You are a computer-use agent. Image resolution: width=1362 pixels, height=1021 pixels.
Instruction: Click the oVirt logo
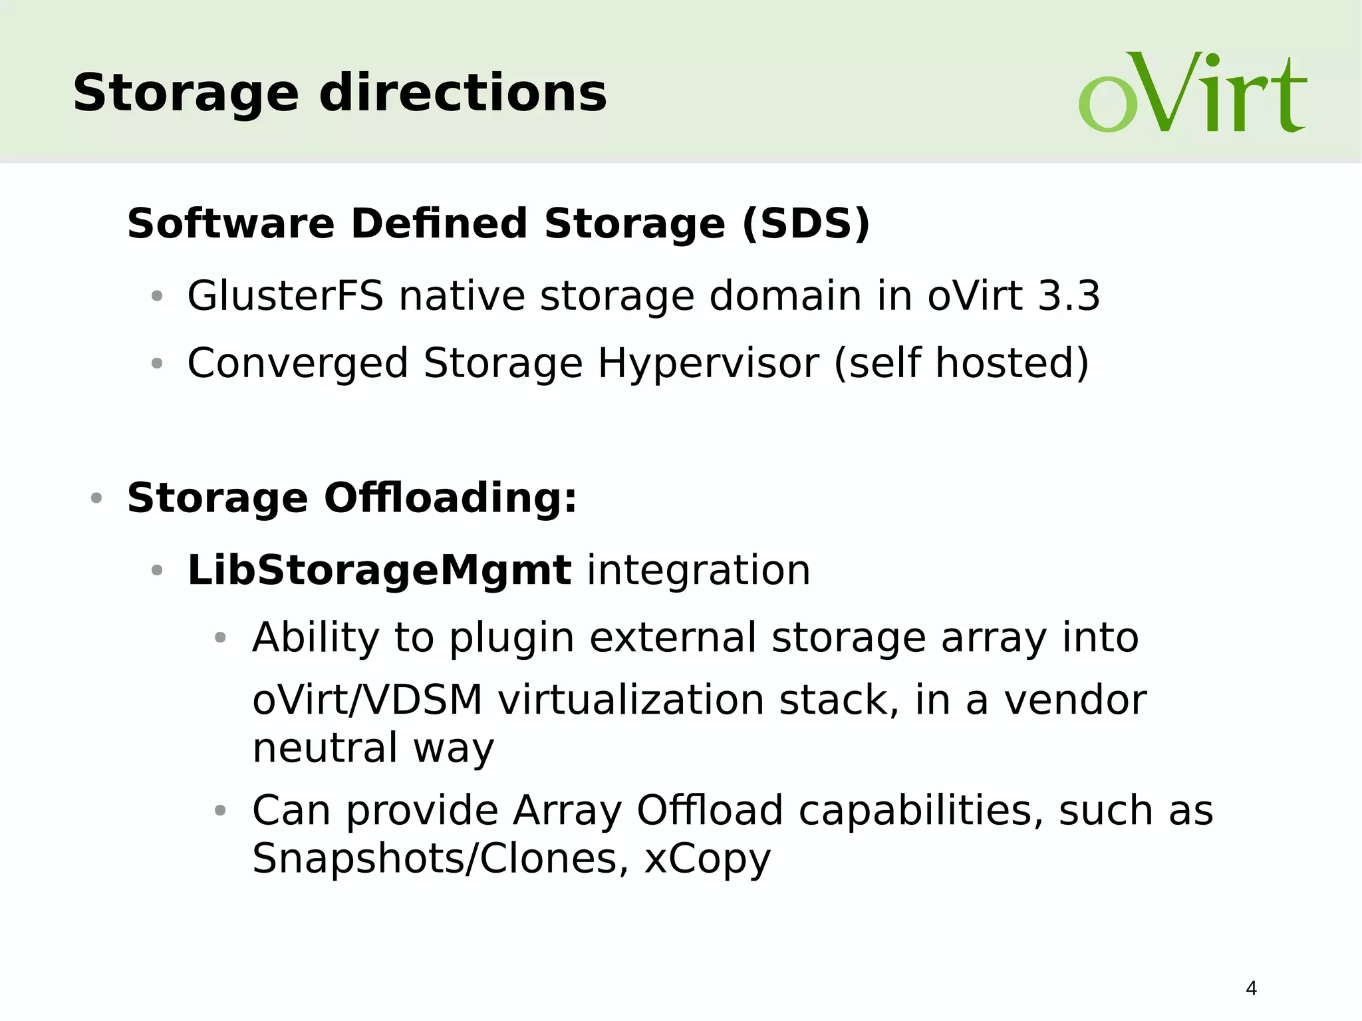(x=1192, y=93)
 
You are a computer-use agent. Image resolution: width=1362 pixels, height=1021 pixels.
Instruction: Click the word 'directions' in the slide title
(x=463, y=93)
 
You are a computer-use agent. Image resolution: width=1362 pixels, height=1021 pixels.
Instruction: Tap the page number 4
(x=1251, y=988)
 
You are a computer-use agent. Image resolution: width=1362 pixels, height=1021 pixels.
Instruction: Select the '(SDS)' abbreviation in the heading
(x=806, y=223)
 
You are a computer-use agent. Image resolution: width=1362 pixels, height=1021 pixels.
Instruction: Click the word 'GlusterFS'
(x=285, y=296)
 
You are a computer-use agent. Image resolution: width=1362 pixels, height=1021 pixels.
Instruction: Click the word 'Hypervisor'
(x=708, y=363)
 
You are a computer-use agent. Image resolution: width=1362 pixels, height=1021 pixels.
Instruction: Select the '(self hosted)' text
(x=961, y=363)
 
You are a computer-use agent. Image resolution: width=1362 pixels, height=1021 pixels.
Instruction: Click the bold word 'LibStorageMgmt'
(x=379, y=570)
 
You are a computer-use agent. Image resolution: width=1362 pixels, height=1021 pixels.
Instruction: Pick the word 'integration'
(x=698, y=570)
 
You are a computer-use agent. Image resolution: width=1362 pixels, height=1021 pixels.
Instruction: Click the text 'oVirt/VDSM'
(x=367, y=700)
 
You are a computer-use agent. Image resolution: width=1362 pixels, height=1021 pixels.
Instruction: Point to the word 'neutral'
(x=325, y=748)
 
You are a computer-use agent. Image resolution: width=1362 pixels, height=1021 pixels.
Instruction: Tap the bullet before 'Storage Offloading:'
(x=96, y=498)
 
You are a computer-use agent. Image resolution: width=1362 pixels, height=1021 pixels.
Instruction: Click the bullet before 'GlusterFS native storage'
(x=157, y=296)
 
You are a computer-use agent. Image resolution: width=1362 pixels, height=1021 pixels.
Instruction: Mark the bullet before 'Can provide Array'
(x=221, y=810)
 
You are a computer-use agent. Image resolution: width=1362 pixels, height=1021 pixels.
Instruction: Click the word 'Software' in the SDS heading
(x=231, y=223)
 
